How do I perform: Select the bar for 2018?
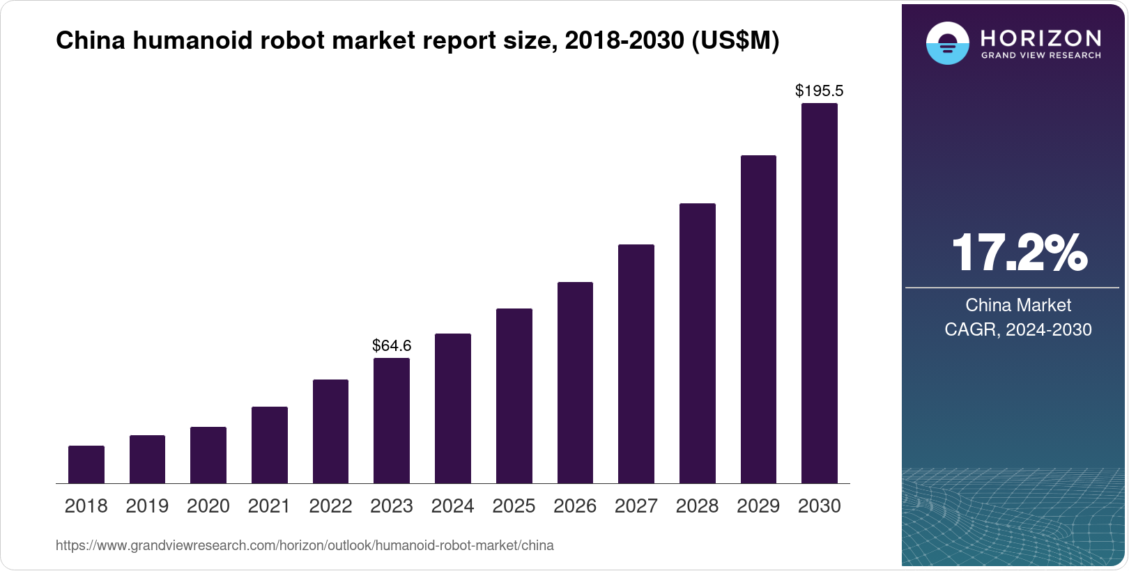pos(86,464)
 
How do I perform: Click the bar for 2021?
pos(270,445)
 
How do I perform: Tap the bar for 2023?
pos(392,421)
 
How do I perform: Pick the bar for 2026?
pos(575,382)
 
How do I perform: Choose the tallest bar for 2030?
pos(820,293)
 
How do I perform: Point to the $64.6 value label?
pos(392,345)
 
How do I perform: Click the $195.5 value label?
pos(820,91)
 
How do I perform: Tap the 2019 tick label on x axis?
pos(147,506)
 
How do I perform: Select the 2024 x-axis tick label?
pos(453,506)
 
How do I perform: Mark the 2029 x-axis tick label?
pos(758,506)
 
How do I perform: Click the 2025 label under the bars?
pos(514,506)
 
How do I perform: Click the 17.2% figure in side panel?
pos(1018,253)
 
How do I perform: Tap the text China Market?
pos(1018,305)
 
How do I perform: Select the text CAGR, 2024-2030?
pos(1018,329)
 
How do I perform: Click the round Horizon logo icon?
pos(947,43)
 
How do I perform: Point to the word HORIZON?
pos(1040,38)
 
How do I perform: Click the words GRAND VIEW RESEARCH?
pos(1040,55)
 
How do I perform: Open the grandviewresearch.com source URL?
pos(305,545)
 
